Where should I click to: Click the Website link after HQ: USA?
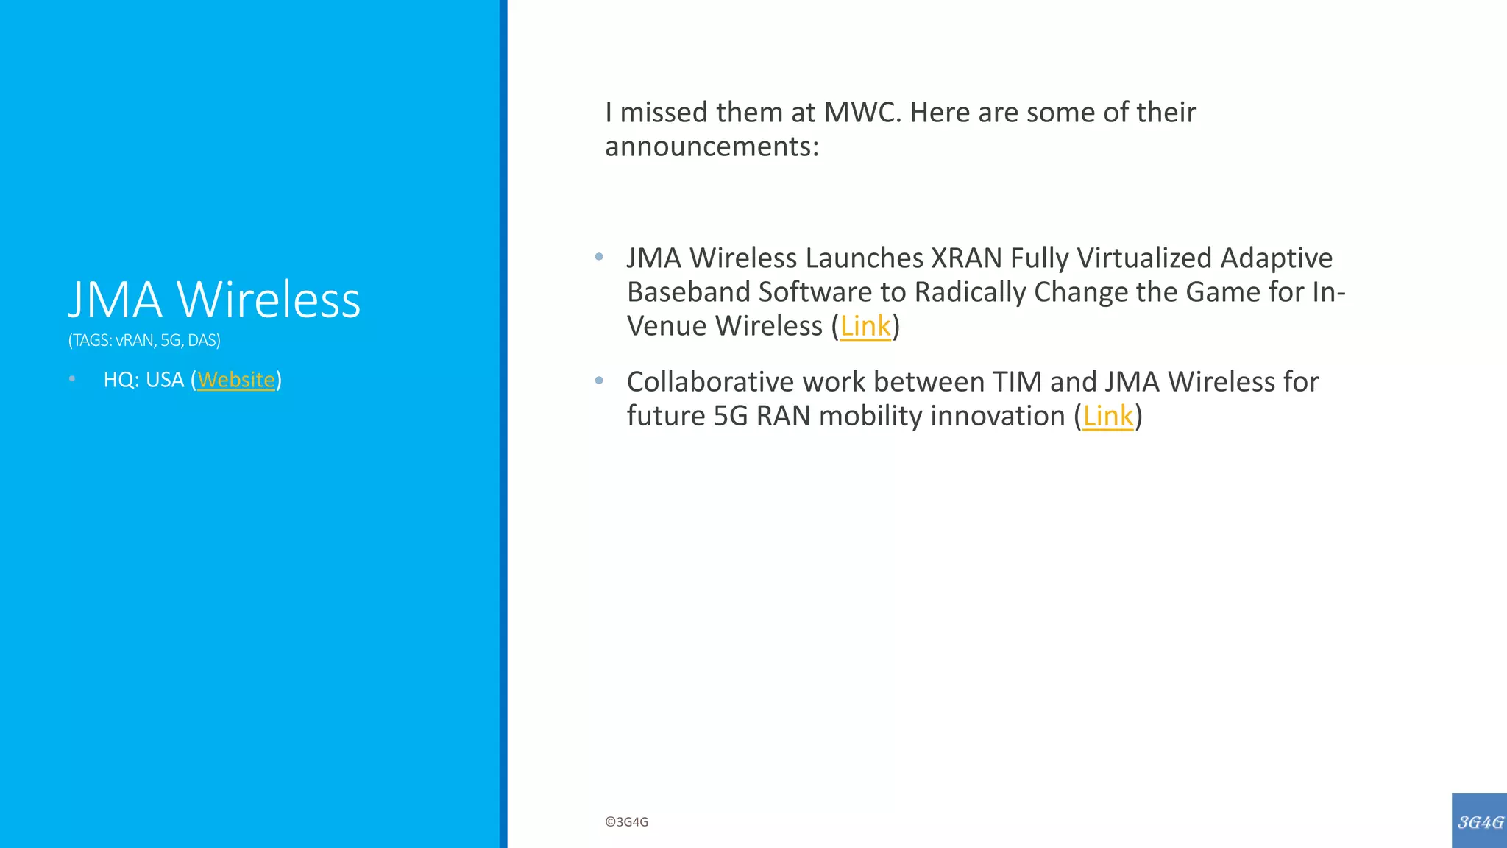coord(235,380)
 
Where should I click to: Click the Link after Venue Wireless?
coord(865,326)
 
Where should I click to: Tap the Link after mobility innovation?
coord(1107,416)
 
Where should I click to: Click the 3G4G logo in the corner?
coord(1479,821)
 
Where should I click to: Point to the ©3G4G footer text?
coord(626,822)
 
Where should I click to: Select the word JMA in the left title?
coord(115,300)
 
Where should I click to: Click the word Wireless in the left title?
coord(269,300)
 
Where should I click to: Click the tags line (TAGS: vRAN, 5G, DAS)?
coord(144,340)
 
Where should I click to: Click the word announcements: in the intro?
coord(712,146)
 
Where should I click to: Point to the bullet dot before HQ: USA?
coord(72,379)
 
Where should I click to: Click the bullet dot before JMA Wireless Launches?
coord(599,257)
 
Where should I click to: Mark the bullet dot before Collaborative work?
coord(599,381)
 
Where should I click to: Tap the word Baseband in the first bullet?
coord(688,292)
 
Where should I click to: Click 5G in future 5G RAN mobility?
coord(730,416)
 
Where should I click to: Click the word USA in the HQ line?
coord(165,380)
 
